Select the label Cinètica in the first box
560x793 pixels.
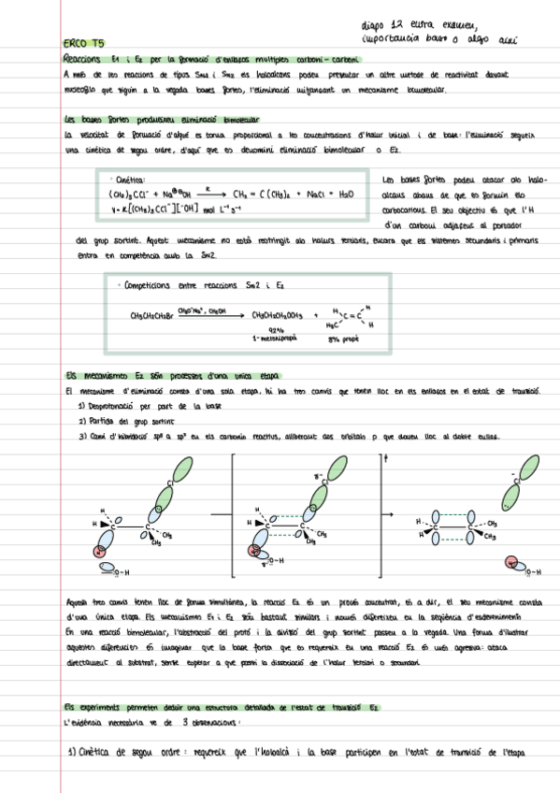(x=131, y=180)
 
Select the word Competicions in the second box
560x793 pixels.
(x=156, y=285)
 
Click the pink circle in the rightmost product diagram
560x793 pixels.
(x=511, y=562)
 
